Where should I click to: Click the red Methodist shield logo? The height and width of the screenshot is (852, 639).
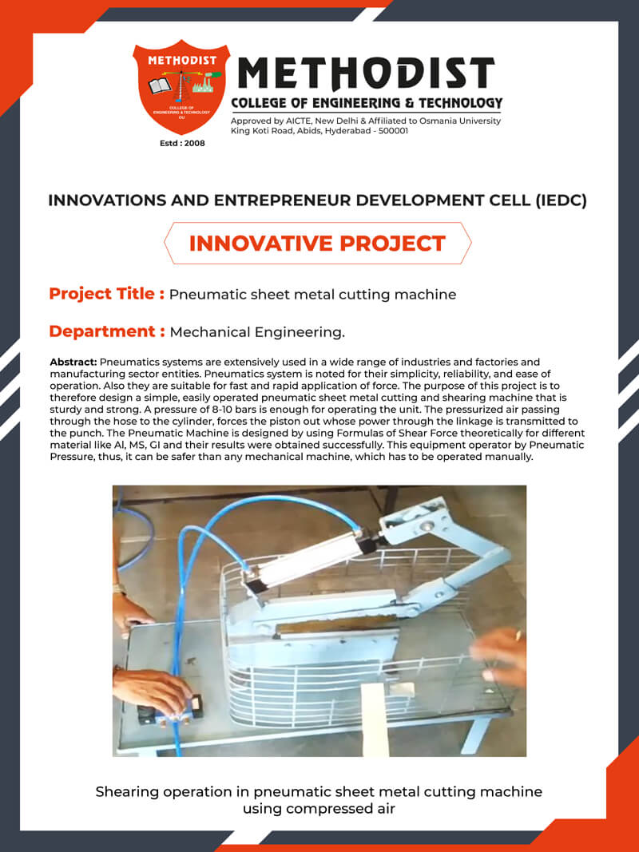(x=181, y=87)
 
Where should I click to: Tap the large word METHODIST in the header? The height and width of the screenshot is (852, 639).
(x=367, y=73)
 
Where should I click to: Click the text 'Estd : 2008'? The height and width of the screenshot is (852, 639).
(x=182, y=144)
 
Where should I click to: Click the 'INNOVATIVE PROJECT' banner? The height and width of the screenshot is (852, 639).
(x=317, y=244)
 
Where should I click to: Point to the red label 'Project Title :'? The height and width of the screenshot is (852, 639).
(x=106, y=294)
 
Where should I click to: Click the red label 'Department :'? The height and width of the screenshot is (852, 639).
(x=106, y=331)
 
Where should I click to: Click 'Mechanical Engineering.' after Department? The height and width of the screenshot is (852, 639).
(x=257, y=332)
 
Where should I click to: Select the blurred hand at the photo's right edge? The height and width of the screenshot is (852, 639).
(x=500, y=656)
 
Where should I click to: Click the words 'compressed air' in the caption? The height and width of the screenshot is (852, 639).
(x=319, y=808)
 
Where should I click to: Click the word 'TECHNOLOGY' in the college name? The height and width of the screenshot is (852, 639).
(x=461, y=103)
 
